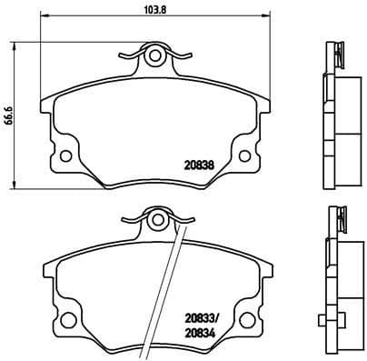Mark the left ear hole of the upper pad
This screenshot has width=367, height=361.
click(65, 152)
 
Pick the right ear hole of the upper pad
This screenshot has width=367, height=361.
click(243, 152)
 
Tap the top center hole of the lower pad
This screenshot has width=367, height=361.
click(154, 217)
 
